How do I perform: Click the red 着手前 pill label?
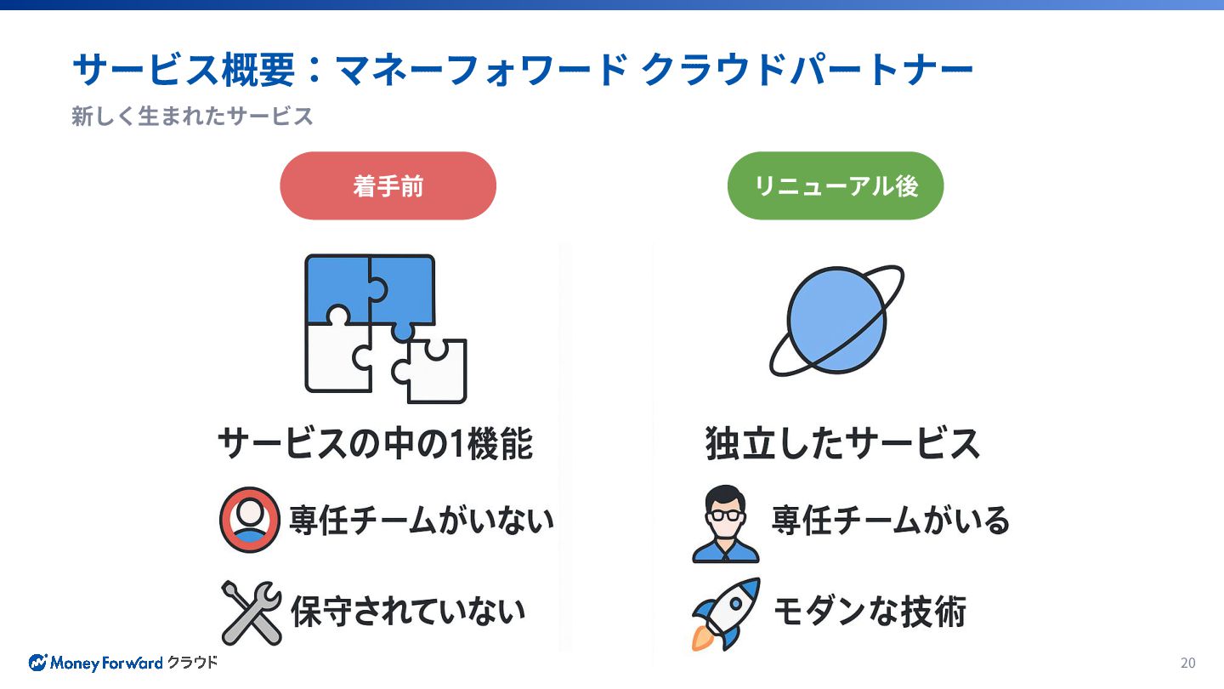pyautogui.click(x=388, y=186)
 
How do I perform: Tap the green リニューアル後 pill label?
pyautogui.click(x=836, y=186)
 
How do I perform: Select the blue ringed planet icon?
pyautogui.click(x=836, y=321)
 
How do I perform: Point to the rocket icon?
pyautogui.click(x=725, y=612)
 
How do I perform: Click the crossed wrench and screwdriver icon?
pyautogui.click(x=251, y=612)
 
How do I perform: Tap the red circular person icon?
pyautogui.click(x=249, y=519)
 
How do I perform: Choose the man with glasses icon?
pyautogui.click(x=725, y=524)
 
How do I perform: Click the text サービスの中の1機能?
pyautogui.click(x=375, y=443)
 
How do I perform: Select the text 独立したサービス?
pyautogui.click(x=842, y=443)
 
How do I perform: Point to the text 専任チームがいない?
pyautogui.click(x=421, y=519)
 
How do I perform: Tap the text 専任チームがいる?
pyautogui.click(x=890, y=519)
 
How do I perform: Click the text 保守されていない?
pyautogui.click(x=408, y=611)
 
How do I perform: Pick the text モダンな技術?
pyautogui.click(x=869, y=611)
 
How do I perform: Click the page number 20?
pyautogui.click(x=1187, y=663)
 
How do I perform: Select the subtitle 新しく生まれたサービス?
pyautogui.click(x=192, y=117)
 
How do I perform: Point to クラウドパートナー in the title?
pyautogui.click(x=807, y=71)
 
